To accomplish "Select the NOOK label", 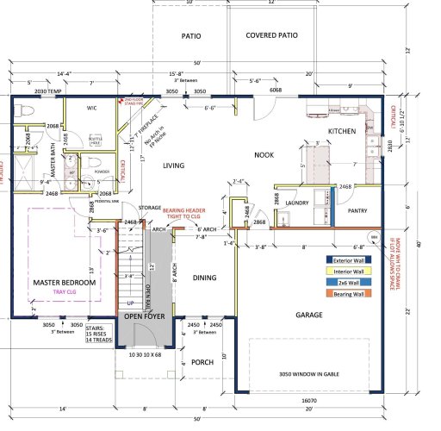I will [x=263, y=154].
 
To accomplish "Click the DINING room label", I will [x=204, y=278].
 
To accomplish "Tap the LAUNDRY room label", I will [x=296, y=203].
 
